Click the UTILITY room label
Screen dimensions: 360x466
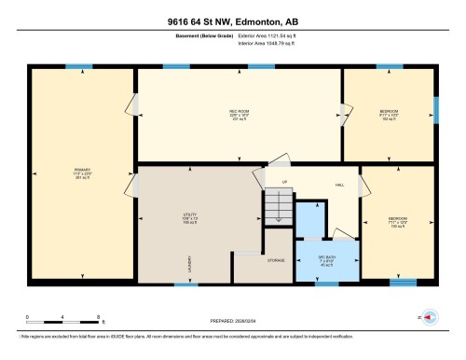(189, 219)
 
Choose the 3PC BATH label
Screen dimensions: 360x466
(325, 259)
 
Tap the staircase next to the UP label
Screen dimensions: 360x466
(276, 205)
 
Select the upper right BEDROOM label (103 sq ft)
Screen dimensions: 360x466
(389, 116)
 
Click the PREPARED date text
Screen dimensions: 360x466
(233, 316)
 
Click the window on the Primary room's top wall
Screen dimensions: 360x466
(79, 66)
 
